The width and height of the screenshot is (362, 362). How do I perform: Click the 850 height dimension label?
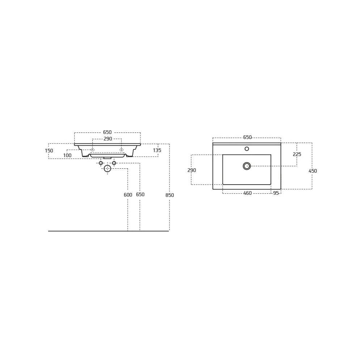tap(170, 195)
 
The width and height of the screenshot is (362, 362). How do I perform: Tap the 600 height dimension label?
tap(128, 195)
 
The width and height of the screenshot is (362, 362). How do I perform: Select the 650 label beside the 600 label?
tap(140, 194)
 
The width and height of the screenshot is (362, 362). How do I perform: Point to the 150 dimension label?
tap(49, 151)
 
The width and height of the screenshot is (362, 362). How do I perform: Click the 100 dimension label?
tap(67, 155)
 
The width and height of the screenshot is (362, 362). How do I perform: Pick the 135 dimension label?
tap(157, 150)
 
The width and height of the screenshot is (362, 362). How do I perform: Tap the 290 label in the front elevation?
tap(108, 139)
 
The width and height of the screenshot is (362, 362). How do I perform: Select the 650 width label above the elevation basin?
tap(108, 132)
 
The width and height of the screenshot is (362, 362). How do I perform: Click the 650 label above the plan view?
tap(247, 137)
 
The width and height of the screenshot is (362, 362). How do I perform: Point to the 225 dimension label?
tap(297, 154)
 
